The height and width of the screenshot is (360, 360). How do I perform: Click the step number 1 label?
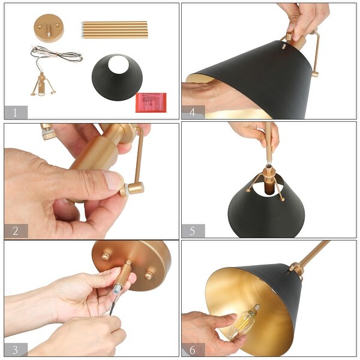point(16,112)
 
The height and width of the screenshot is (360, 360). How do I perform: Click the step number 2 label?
point(16,231)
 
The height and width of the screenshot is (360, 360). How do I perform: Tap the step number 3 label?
point(16,349)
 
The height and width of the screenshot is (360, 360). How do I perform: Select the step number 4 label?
point(193,112)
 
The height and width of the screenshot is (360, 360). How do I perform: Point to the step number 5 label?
point(193,231)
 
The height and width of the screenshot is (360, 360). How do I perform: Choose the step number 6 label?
point(193,349)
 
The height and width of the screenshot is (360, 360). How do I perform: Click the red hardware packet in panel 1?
point(148,102)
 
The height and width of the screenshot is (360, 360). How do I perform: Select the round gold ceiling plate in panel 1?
point(50,28)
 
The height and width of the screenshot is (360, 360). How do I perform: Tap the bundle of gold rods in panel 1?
point(114,29)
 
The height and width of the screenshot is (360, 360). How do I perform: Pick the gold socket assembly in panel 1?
point(42,84)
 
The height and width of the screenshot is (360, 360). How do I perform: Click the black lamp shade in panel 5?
point(267,210)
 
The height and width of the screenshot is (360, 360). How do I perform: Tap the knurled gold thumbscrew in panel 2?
point(124,191)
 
